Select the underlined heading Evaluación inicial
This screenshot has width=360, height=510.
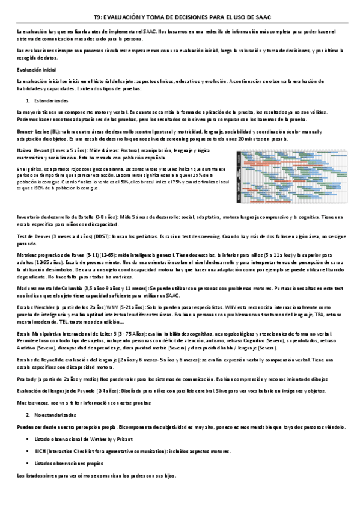pos(36,70)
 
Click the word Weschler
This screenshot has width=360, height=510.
pos(43,306)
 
